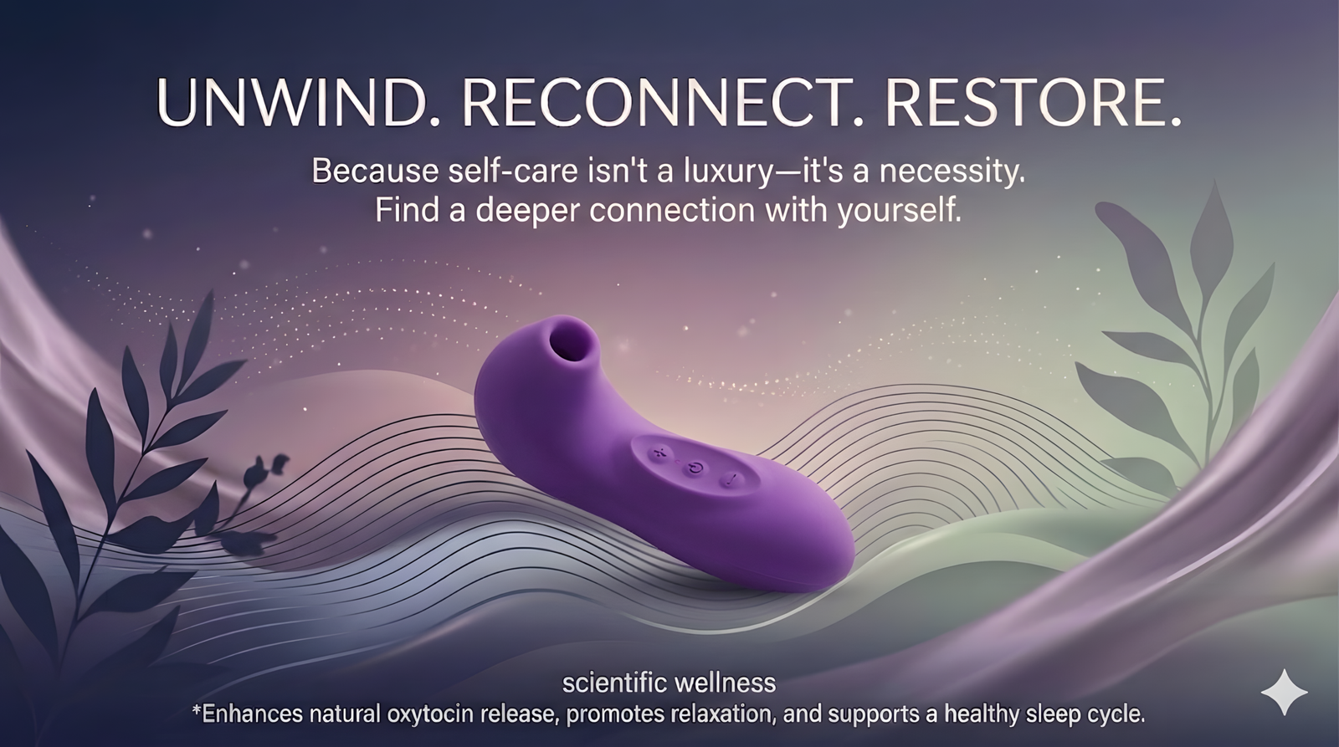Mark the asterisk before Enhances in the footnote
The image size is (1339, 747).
click(197, 709)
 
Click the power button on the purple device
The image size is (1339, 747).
click(695, 468)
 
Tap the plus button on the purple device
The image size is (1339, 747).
click(659, 453)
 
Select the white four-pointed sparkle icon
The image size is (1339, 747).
click(1284, 692)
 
